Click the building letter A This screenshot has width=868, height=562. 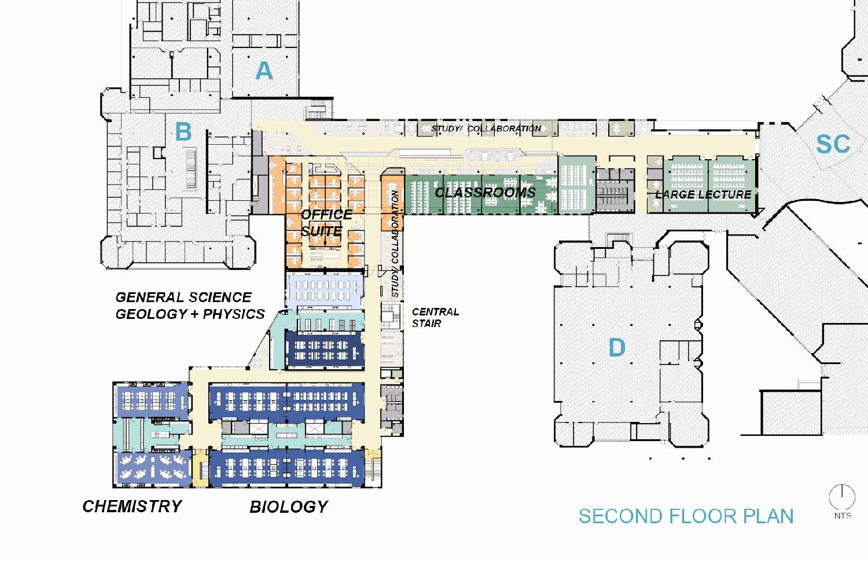264,71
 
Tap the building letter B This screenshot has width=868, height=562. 183,131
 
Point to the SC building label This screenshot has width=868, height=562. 833,144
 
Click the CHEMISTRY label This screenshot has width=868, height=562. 132,506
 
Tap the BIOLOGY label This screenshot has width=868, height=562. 289,507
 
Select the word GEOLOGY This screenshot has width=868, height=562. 152,314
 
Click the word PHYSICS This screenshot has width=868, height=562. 234,314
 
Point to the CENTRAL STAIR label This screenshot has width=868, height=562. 435,317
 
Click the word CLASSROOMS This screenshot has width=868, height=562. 485,192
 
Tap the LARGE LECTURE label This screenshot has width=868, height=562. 703,194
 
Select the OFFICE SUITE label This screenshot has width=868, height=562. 326,222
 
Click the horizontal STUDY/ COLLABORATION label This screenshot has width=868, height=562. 486,128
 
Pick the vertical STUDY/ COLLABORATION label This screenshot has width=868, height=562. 395,244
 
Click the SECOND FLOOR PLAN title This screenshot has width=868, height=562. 686,516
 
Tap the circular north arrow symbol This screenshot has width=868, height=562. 842,497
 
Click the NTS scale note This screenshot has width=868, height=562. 843,516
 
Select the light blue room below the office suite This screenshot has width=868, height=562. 325,291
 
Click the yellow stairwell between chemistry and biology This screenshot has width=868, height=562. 201,468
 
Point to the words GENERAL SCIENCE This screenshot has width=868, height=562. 183,297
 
